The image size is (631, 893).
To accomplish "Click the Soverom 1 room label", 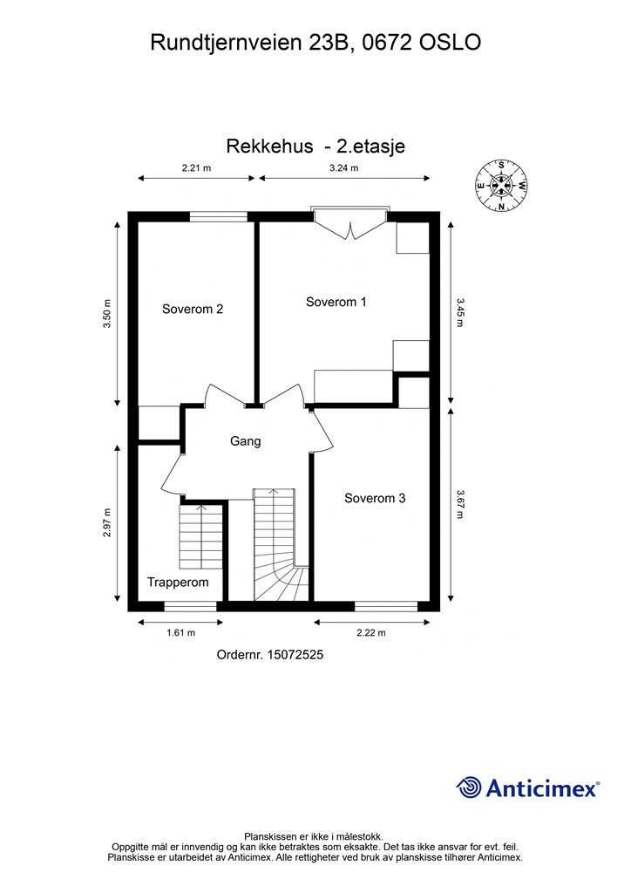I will (x=336, y=302).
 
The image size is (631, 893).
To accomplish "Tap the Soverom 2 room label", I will (x=193, y=309).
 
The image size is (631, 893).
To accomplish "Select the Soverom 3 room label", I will (x=374, y=499).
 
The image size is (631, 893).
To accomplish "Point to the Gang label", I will (x=245, y=441).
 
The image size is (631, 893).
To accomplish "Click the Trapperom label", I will (x=177, y=582).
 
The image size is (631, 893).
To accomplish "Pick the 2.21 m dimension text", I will (x=196, y=168).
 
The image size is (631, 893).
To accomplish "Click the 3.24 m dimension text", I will (x=343, y=168).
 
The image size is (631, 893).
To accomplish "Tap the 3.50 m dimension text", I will (x=106, y=314).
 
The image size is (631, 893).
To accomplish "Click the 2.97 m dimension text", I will (x=106, y=522).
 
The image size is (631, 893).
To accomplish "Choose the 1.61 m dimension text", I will (x=180, y=633).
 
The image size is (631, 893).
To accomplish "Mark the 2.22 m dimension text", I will (x=371, y=633).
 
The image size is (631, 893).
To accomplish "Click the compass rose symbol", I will (x=501, y=185).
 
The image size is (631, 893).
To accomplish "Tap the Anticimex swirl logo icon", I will (x=469, y=787).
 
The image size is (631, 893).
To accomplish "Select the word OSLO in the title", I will (x=449, y=42).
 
